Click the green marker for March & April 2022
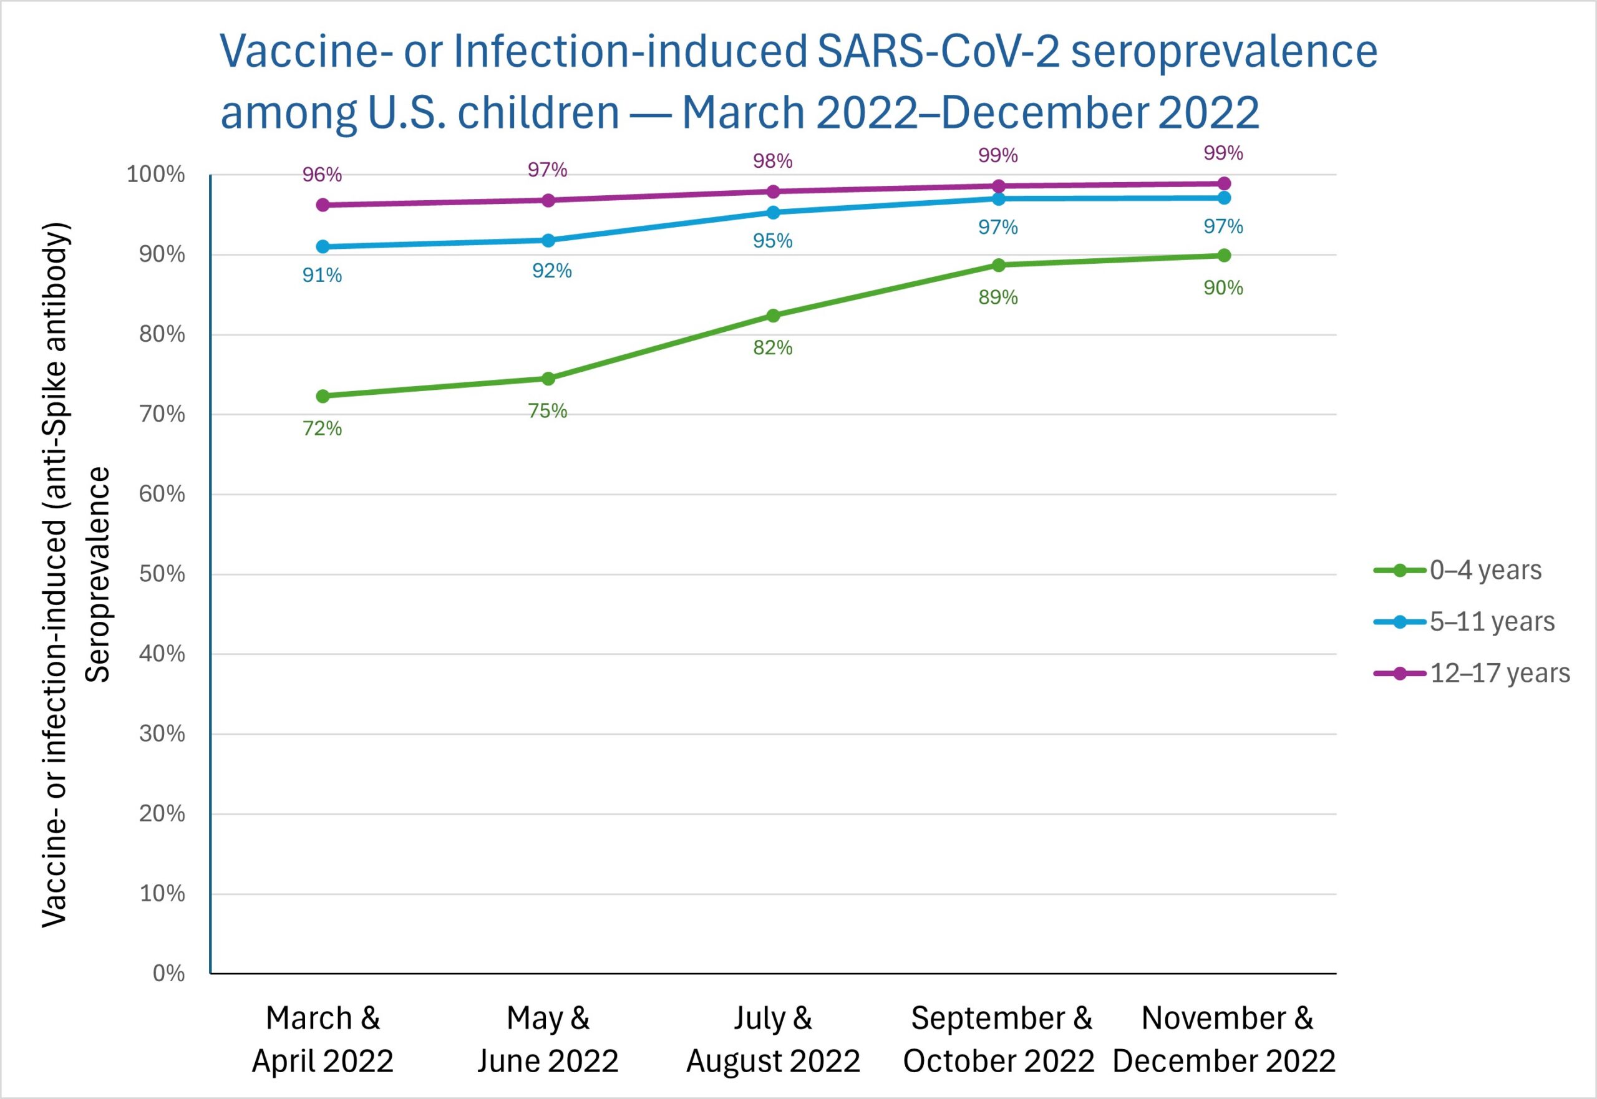[x=323, y=396]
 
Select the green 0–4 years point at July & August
[x=773, y=316]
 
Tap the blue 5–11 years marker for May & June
[x=548, y=240]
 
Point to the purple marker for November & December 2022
[x=1224, y=183]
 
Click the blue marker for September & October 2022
[x=999, y=198]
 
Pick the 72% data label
[x=323, y=428]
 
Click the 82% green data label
[x=773, y=348]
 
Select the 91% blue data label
[x=323, y=276]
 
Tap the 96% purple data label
[x=323, y=174]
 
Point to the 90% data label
[x=1223, y=288]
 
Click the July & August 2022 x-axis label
[x=773, y=1039]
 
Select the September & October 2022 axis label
[x=999, y=1039]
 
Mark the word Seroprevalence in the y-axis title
[x=98, y=574]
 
